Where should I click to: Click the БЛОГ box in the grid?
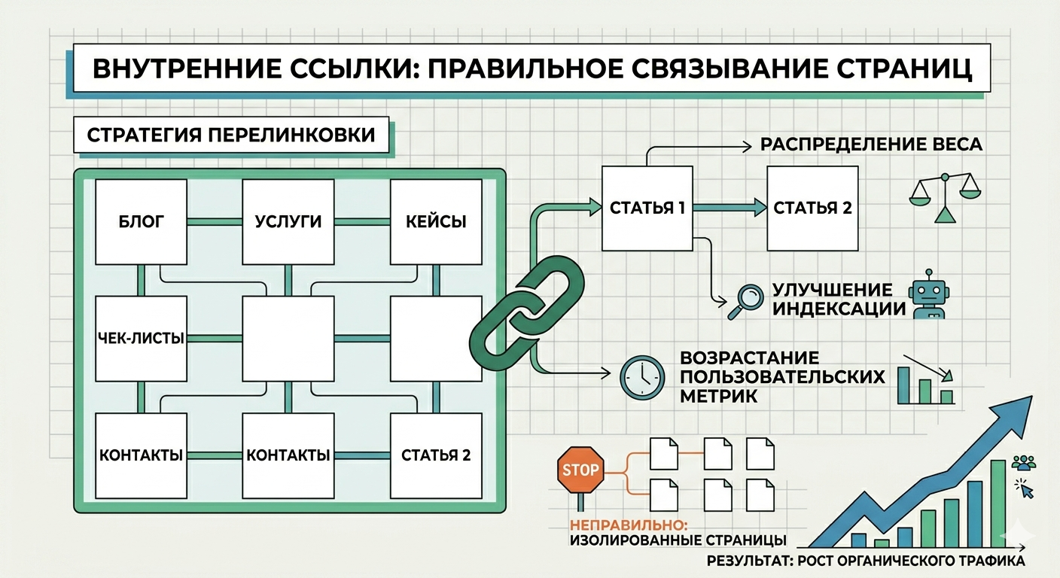(x=142, y=223)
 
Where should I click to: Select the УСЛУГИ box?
(x=288, y=223)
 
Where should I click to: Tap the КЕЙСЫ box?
(x=436, y=223)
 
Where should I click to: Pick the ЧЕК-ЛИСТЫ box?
(x=142, y=338)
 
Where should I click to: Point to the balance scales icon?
(x=944, y=197)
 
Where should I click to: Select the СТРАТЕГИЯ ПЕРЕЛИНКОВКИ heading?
(x=230, y=135)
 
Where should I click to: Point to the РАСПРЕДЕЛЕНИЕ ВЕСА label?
(x=871, y=144)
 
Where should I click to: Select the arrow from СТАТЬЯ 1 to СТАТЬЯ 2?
(x=726, y=208)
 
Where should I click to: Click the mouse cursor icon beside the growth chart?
(x=1025, y=488)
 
